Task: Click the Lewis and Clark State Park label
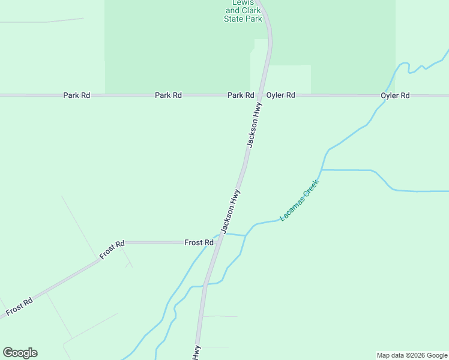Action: (x=244, y=11)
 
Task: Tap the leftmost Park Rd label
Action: (x=76, y=95)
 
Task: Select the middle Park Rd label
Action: (x=168, y=95)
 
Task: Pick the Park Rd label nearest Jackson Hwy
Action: (x=240, y=95)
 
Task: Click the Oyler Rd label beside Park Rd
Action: (x=281, y=95)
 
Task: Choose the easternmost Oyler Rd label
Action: (x=396, y=95)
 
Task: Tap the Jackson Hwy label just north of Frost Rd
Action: (x=231, y=211)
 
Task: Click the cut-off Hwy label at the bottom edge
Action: (x=196, y=353)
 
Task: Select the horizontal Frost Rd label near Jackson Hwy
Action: (x=199, y=242)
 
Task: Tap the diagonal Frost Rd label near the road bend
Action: (x=112, y=250)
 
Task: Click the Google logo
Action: (x=20, y=353)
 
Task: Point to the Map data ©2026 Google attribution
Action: (x=412, y=355)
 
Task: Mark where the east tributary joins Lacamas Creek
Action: (x=322, y=170)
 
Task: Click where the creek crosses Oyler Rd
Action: (x=385, y=95)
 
